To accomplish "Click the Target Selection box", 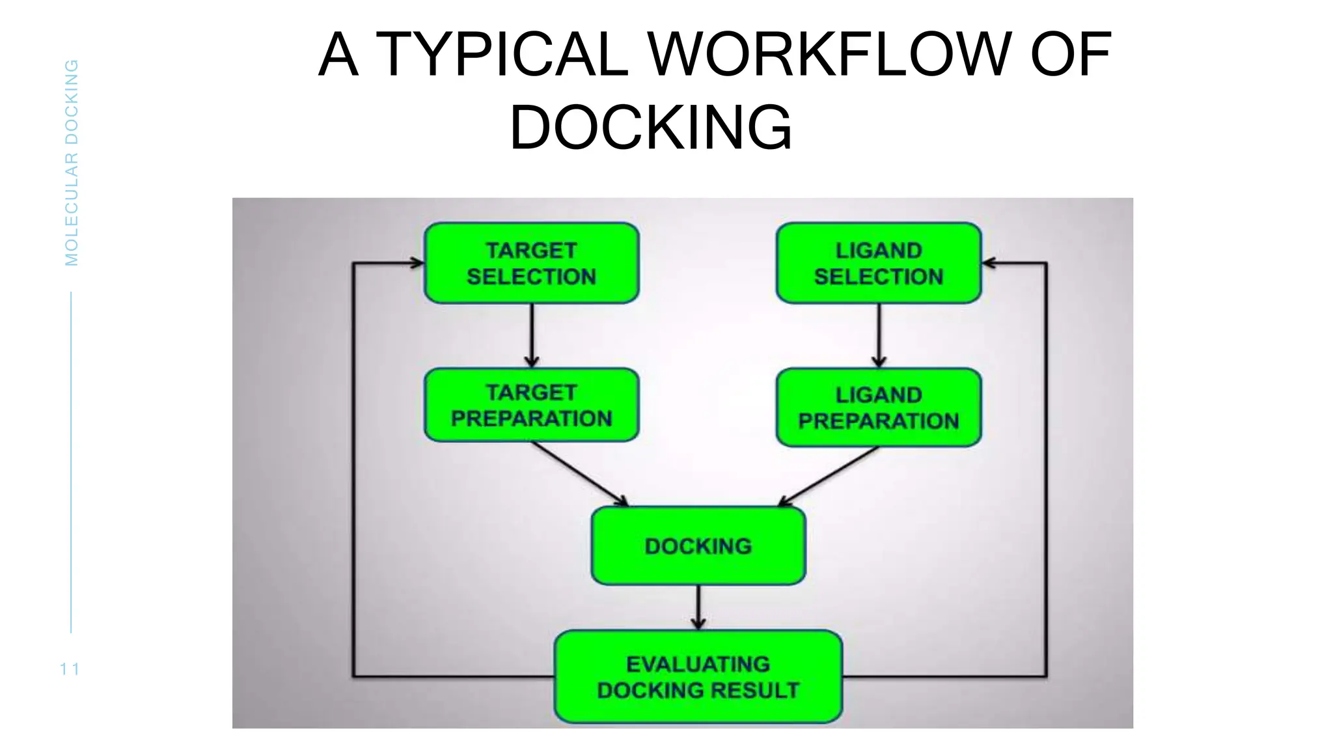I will [x=531, y=263].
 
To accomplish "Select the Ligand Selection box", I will [x=879, y=263].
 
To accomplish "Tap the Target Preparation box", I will [x=531, y=405].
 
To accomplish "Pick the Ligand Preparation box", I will [x=879, y=408].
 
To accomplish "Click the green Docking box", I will [x=698, y=546].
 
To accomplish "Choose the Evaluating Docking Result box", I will [x=698, y=677].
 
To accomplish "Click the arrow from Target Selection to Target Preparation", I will [x=532, y=335].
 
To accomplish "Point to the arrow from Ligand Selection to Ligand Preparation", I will [x=879, y=335].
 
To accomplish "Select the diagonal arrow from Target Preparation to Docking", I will [x=579, y=473].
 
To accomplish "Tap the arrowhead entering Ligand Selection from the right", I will [x=989, y=263].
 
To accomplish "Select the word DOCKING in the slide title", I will [x=650, y=128].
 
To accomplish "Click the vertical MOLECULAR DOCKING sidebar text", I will [x=72, y=163].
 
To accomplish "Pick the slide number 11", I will [x=70, y=669].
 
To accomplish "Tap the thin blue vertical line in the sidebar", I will [x=71, y=462].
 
